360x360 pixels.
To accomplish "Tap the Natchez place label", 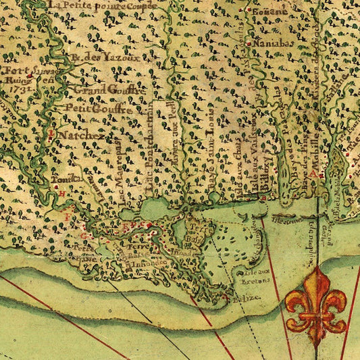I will (80, 135).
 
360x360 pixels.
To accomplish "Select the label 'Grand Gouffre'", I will (109, 89).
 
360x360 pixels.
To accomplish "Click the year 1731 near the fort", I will (18, 87).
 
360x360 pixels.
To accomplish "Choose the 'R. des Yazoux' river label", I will (108, 58).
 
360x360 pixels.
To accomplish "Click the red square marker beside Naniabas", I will (250, 44).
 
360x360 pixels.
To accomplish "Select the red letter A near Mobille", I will (323, 174).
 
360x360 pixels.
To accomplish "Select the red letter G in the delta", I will (84, 237).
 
